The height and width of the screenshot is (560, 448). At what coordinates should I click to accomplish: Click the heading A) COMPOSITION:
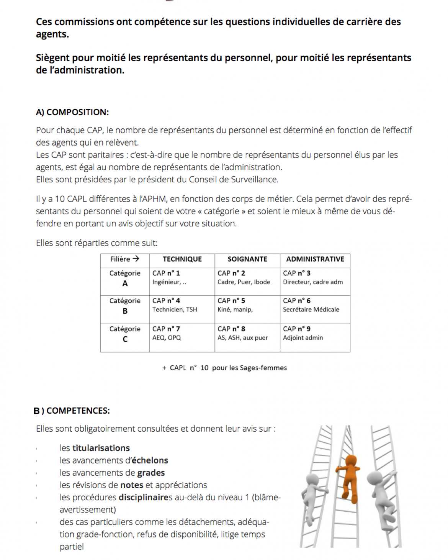(72, 112)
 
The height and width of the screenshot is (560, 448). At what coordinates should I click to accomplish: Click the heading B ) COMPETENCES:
(72, 411)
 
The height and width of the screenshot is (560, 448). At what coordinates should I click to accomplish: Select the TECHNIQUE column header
(182, 259)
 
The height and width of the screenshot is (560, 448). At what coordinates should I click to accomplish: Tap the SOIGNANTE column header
(247, 259)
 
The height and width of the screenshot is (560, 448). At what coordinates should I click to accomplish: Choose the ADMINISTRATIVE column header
(315, 259)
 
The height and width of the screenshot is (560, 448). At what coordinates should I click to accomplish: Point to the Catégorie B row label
(125, 306)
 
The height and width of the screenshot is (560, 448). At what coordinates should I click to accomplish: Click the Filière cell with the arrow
(125, 259)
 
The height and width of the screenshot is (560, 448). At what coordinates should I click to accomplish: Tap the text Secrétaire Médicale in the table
(311, 309)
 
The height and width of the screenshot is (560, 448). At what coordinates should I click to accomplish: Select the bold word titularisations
(101, 448)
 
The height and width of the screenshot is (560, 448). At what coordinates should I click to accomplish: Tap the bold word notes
(132, 485)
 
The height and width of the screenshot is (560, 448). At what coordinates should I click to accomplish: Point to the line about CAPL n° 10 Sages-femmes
(224, 368)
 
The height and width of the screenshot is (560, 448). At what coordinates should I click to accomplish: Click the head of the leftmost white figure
(313, 479)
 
